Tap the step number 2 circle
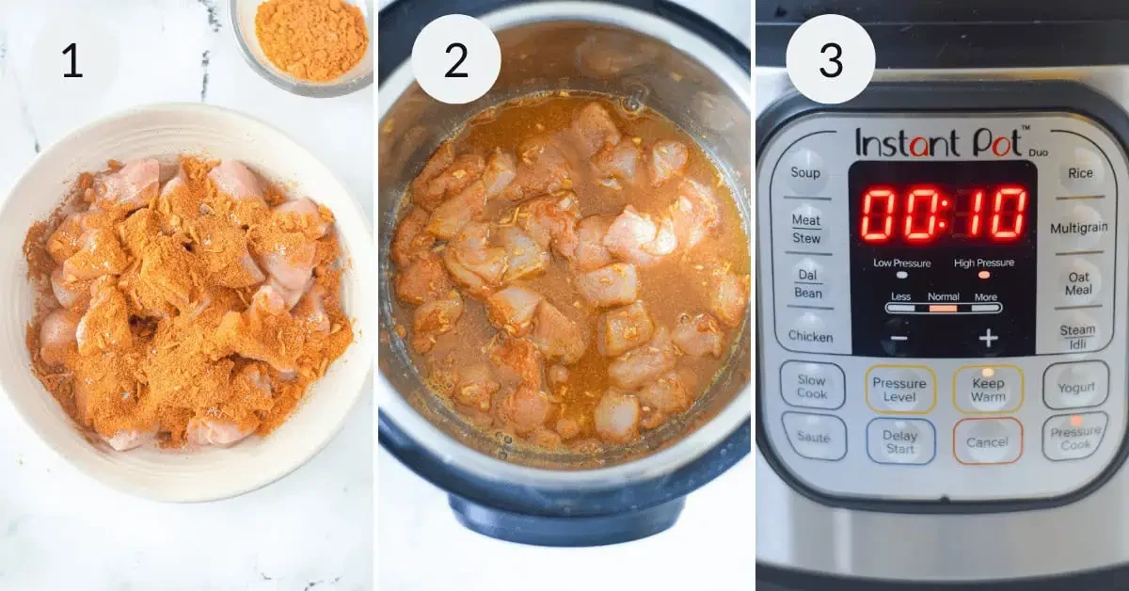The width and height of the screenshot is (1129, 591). coord(455,61)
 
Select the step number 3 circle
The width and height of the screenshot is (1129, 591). coord(830,61)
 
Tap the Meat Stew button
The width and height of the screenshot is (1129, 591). coord(806,228)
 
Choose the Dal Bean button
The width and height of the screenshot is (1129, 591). coord(808,283)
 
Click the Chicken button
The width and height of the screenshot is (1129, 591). coord(810,336)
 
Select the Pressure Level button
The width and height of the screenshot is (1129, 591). coord(899,390)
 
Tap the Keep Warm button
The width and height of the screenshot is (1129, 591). coord(988,390)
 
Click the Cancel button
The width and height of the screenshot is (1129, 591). coord(987,441)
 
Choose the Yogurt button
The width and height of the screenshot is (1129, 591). coord(1075,387)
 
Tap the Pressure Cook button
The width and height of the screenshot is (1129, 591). coord(1075,438)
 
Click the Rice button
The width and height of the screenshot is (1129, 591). coord(1080,173)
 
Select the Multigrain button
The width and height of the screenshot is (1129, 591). coord(1078,228)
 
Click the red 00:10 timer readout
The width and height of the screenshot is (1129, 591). coord(944,214)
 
